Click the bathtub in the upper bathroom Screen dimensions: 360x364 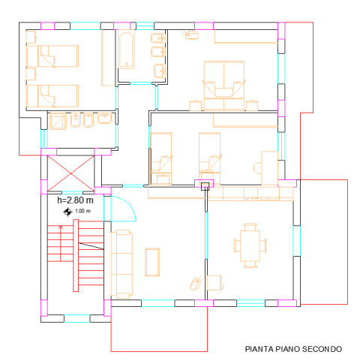pyautogui.click(x=126, y=50)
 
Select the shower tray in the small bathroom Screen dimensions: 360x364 pyautogui.click(x=58, y=121)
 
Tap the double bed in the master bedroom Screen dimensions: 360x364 pyautogui.click(x=224, y=86)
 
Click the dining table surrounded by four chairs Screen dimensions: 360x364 pyautogui.click(x=250, y=245)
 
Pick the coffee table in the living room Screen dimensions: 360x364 pyautogui.click(x=152, y=262)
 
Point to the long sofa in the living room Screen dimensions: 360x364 pyautogui.click(x=121, y=264)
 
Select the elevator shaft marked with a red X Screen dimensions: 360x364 pyautogui.click(x=70, y=173)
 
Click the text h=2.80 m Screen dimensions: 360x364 pyautogui.click(x=75, y=200)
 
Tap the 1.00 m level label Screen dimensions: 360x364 pyautogui.click(x=82, y=211)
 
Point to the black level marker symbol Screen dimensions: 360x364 pyautogui.click(x=67, y=212)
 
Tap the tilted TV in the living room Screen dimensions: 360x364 pyautogui.click(x=196, y=284)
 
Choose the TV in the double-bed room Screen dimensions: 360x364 pyautogui.click(x=191, y=35)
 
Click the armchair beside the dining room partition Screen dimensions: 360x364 pyautogui.click(x=215, y=283)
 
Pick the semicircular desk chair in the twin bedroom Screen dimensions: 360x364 pyautogui.click(x=257, y=168)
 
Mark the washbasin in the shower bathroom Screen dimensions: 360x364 pyautogui.click(x=105, y=119)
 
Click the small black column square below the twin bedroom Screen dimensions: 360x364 pyautogui.click(x=205, y=186)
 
